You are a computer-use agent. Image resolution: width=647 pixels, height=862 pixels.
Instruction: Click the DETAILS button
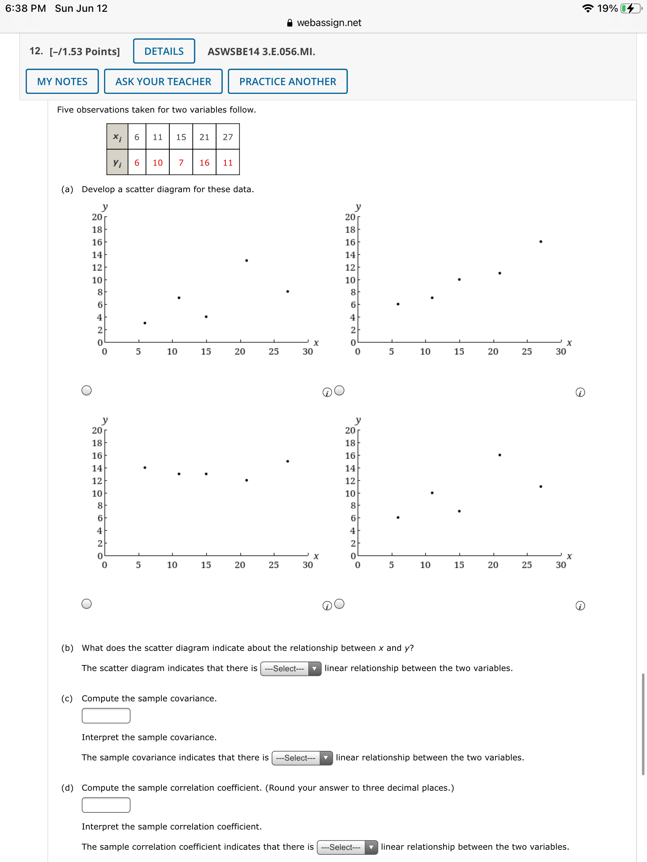point(164,51)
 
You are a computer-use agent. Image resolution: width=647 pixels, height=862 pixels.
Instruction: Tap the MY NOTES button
point(62,82)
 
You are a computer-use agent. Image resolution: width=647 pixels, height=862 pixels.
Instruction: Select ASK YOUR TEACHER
point(163,82)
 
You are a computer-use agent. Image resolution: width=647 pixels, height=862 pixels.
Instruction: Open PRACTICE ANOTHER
point(288,82)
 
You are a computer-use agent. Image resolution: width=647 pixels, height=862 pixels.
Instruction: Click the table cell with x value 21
point(204,137)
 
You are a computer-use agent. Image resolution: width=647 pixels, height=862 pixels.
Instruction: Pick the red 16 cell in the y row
point(204,162)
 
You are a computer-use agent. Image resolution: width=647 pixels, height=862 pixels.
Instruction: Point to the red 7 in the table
point(181,162)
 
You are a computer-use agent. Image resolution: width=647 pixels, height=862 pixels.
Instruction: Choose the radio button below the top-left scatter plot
point(86,391)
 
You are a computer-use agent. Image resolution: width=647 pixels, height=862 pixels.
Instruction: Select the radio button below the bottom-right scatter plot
point(340,604)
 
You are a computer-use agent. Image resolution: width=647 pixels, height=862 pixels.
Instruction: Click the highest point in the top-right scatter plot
point(541,242)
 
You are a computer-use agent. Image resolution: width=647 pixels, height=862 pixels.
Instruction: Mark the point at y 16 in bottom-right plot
point(500,455)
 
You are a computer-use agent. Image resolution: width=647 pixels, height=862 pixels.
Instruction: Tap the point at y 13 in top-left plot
point(246,261)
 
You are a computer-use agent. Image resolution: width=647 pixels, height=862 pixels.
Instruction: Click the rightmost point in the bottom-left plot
point(288,461)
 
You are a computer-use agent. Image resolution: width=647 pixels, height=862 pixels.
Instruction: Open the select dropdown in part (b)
point(291,668)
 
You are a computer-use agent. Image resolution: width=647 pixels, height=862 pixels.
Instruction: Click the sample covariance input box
point(106,716)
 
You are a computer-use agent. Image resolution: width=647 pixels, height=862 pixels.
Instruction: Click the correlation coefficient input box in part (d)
point(106,805)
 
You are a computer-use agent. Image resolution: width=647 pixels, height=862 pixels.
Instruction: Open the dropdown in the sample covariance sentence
point(302,758)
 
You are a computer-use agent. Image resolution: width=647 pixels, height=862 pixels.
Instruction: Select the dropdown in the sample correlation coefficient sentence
point(347,847)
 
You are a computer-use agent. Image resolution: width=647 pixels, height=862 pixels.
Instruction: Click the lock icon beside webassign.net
point(290,23)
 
